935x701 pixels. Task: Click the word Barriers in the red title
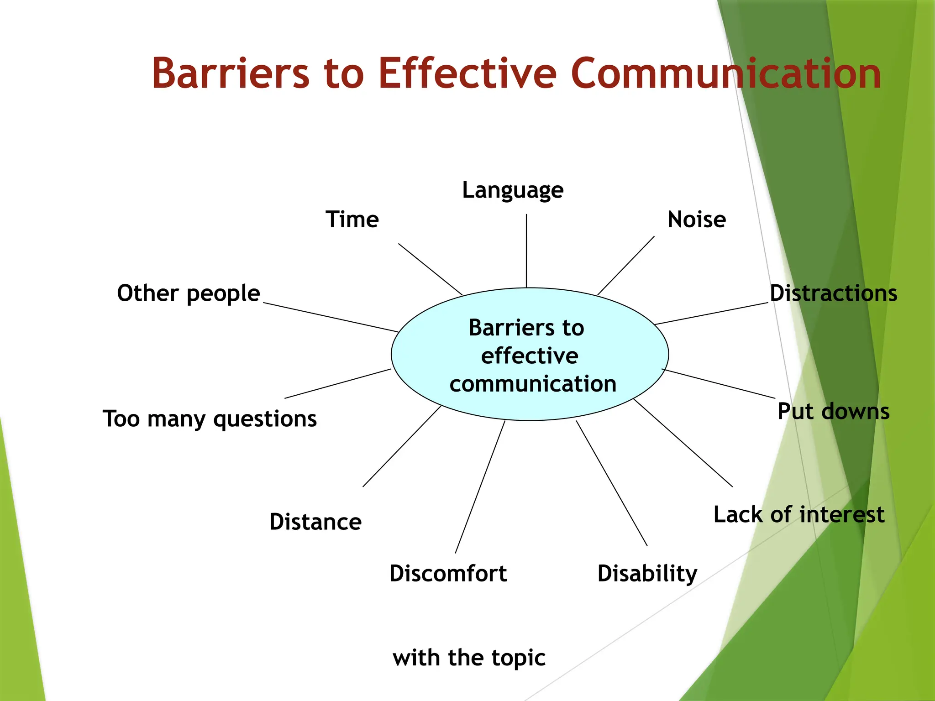(231, 73)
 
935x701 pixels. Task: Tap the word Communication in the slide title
(725, 73)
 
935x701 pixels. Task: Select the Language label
(513, 190)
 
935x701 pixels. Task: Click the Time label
(352, 220)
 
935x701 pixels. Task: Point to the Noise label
(697, 220)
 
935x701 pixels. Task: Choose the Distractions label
(833, 293)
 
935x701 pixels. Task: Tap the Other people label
(189, 293)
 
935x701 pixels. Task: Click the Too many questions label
(210, 419)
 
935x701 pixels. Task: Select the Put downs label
(833, 411)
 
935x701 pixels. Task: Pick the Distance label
(315, 522)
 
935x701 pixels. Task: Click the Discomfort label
(448, 573)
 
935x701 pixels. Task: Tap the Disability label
(647, 573)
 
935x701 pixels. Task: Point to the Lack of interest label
(799, 514)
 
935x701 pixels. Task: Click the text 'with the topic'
(469, 658)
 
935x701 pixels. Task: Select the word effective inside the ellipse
(530, 356)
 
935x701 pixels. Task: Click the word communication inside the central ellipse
(533, 384)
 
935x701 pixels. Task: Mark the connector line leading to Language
(526, 251)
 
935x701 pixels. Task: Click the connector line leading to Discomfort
(480, 487)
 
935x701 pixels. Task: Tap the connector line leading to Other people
(331, 317)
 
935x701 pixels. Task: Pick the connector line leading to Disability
(612, 483)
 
